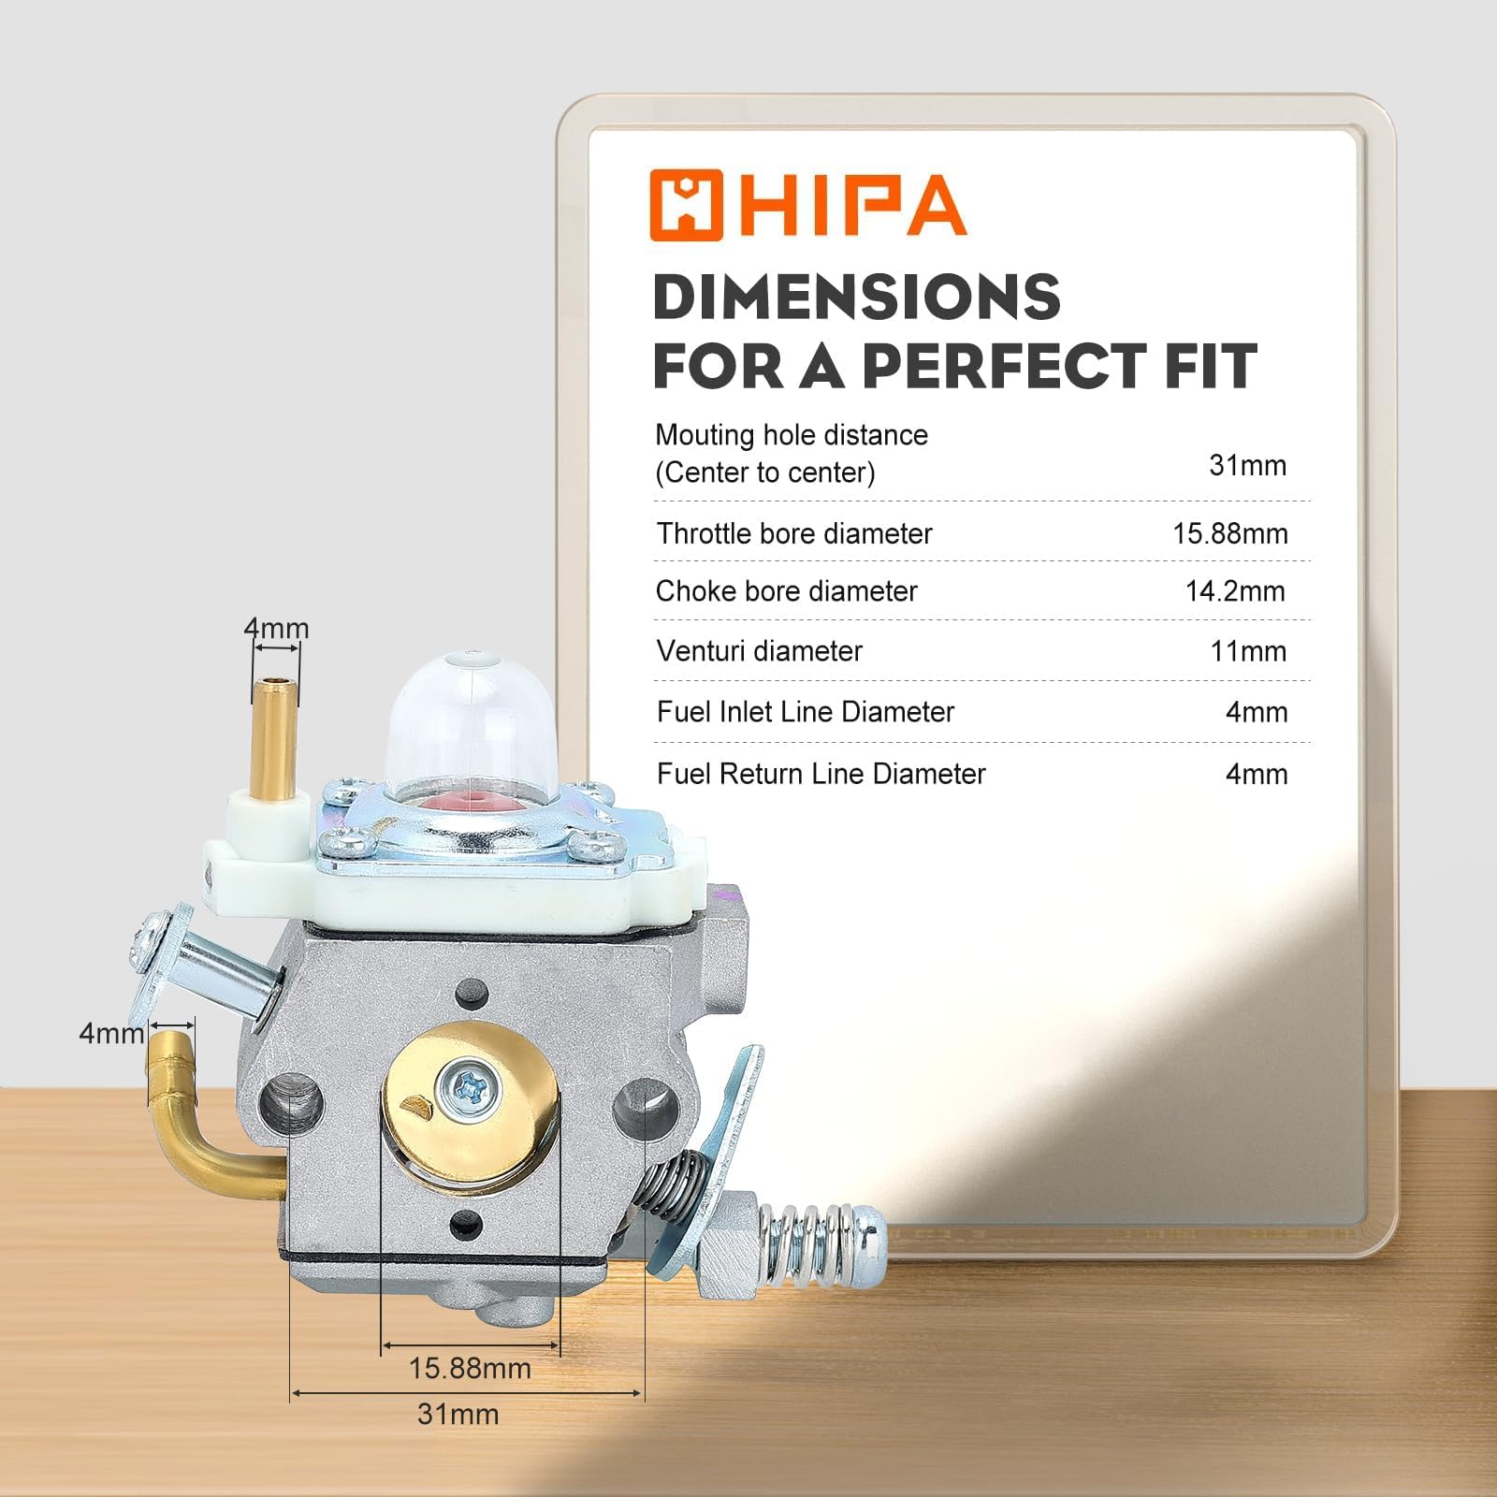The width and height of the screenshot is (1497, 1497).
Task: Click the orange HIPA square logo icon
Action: (687, 205)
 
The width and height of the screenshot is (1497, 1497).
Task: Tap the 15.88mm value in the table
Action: (1229, 533)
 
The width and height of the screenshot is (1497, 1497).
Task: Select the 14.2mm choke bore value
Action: (1235, 591)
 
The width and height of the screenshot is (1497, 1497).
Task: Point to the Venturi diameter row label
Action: (759, 651)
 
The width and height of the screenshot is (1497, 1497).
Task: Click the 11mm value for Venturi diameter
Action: (1248, 651)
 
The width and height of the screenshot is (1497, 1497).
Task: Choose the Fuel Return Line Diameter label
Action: (821, 774)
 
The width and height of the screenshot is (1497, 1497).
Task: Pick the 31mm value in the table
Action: (1247, 465)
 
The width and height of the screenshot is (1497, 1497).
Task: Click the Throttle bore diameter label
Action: (794, 533)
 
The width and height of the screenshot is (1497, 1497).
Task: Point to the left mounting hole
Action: (292, 1104)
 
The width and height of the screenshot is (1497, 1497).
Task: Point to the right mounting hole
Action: (647, 1104)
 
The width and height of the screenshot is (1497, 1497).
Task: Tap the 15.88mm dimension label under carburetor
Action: (470, 1368)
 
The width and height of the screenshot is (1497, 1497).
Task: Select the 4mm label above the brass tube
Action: (276, 628)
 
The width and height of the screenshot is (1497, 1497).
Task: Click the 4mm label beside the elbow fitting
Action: (111, 1034)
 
